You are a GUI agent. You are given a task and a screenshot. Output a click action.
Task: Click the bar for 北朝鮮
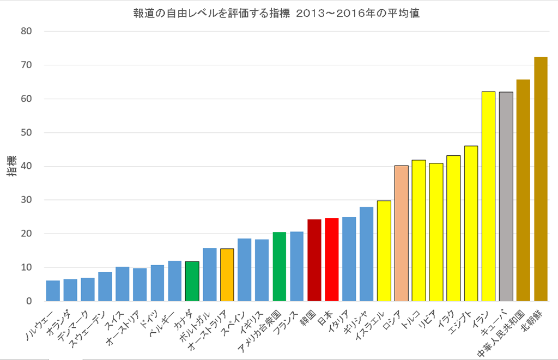click(541, 180)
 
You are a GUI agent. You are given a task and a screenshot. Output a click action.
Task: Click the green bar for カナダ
click(192, 282)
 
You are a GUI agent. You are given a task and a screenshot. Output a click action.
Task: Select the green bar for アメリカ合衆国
click(280, 267)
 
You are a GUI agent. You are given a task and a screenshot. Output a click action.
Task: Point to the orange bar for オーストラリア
click(227, 275)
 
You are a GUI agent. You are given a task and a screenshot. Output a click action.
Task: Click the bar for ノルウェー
click(53, 291)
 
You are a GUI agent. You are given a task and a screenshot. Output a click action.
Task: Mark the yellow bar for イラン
click(488, 197)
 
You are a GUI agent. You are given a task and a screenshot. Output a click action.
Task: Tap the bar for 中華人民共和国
click(523, 191)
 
